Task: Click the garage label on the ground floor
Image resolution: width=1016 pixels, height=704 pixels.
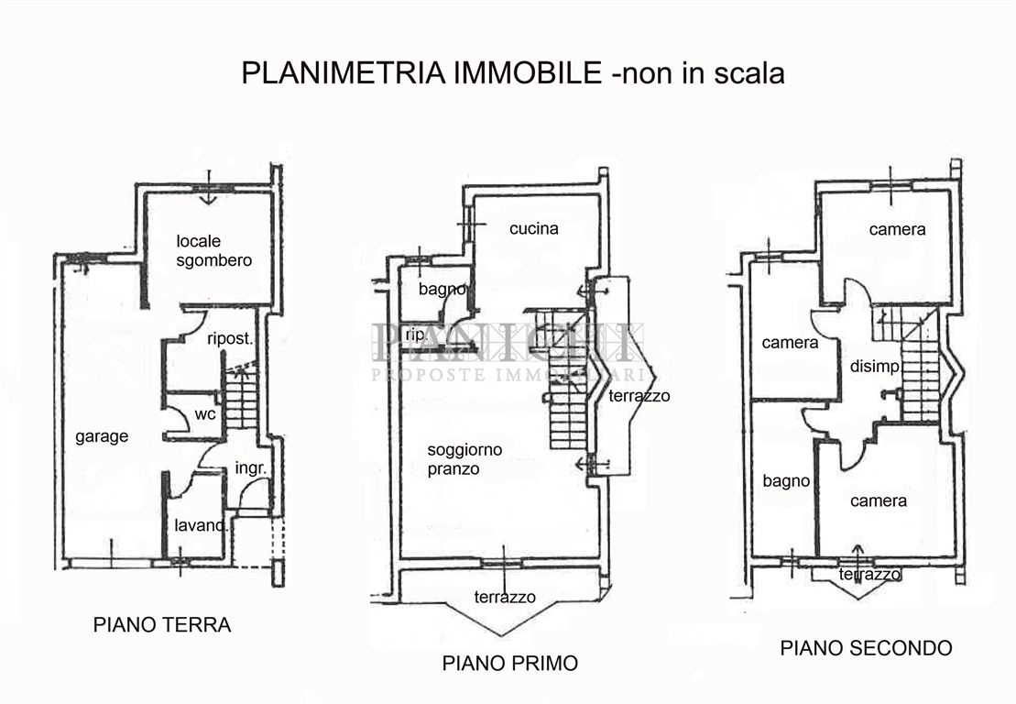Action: point(102,437)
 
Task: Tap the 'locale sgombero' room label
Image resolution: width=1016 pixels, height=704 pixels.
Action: point(213,251)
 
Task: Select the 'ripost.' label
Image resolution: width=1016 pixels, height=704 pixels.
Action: point(230,337)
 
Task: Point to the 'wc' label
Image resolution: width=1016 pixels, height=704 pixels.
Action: point(205,414)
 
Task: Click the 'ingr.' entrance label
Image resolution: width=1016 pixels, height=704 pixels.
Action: point(251,468)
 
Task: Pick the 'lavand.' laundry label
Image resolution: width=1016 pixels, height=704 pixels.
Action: point(202,526)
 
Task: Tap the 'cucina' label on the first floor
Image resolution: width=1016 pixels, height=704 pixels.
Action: point(534,229)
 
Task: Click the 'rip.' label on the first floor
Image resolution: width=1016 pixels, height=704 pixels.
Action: point(415,335)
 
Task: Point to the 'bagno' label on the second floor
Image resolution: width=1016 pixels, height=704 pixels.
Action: point(786,481)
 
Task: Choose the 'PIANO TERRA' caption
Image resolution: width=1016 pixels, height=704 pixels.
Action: point(162,626)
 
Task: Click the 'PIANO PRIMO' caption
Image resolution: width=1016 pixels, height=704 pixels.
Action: point(510,663)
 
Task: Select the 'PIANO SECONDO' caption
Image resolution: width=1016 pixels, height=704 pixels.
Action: point(866,648)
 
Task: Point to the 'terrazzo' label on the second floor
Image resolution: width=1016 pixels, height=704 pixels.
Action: point(869,575)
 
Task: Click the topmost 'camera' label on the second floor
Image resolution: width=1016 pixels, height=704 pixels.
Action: point(897,230)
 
